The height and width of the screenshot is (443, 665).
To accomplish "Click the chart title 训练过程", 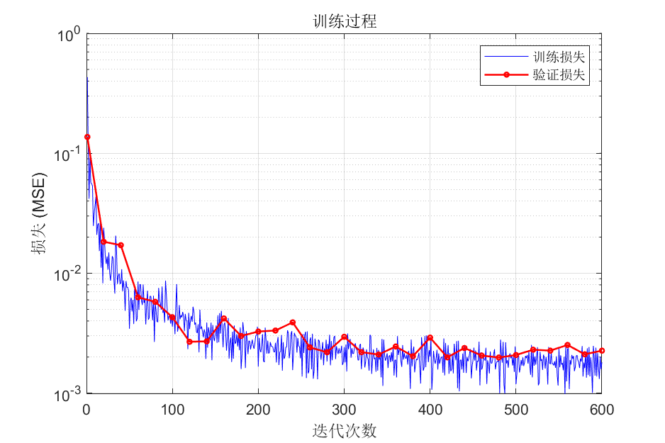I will coord(345,21).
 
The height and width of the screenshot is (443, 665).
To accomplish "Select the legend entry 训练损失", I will coord(559,55).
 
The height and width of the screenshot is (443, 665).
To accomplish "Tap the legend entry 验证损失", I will coord(559,74).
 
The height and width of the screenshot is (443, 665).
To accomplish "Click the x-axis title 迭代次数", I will coord(345,430).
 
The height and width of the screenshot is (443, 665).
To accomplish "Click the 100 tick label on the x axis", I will coord(172,410).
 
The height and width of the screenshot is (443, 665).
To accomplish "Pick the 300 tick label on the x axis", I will coord(344,410).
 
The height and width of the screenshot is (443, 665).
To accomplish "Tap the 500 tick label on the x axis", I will coord(515,410).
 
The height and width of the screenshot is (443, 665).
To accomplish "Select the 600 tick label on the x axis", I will coord(601,410).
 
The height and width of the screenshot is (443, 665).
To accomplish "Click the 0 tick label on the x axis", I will coord(86,410).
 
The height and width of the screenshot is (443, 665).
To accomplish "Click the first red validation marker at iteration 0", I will coord(87,137).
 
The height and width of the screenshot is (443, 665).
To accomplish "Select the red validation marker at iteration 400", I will coord(430,337).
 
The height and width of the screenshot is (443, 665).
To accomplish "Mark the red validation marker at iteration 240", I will coord(292,323).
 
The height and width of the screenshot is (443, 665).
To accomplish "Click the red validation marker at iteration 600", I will coord(601,350).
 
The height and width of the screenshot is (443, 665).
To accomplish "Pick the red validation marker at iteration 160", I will coord(224,319).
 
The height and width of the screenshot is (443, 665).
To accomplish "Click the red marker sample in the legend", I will coord(506,74).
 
